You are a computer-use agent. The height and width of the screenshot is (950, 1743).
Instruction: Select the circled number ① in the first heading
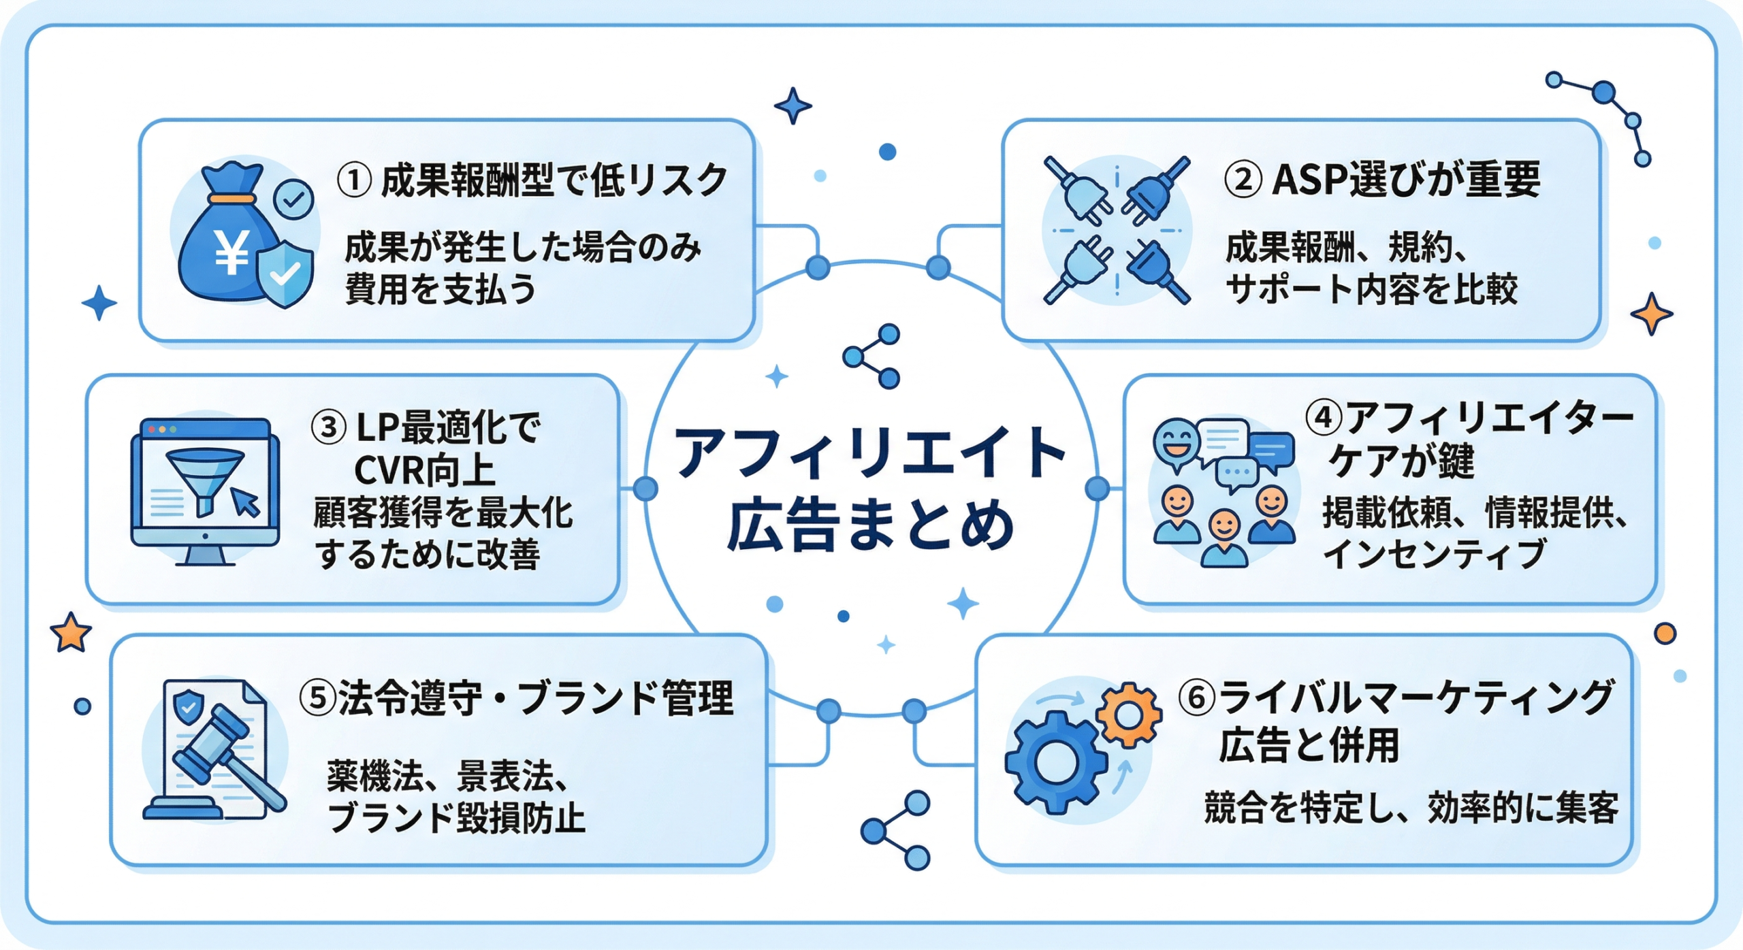click(x=355, y=181)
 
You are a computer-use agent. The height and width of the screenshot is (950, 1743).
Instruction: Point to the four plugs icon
click(x=1117, y=230)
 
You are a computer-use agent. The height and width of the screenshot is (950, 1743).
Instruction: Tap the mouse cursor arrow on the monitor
click(x=245, y=502)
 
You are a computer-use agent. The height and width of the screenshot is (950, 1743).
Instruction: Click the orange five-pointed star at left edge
click(x=71, y=633)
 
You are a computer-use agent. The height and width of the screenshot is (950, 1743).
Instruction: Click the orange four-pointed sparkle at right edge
click(x=1651, y=314)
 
